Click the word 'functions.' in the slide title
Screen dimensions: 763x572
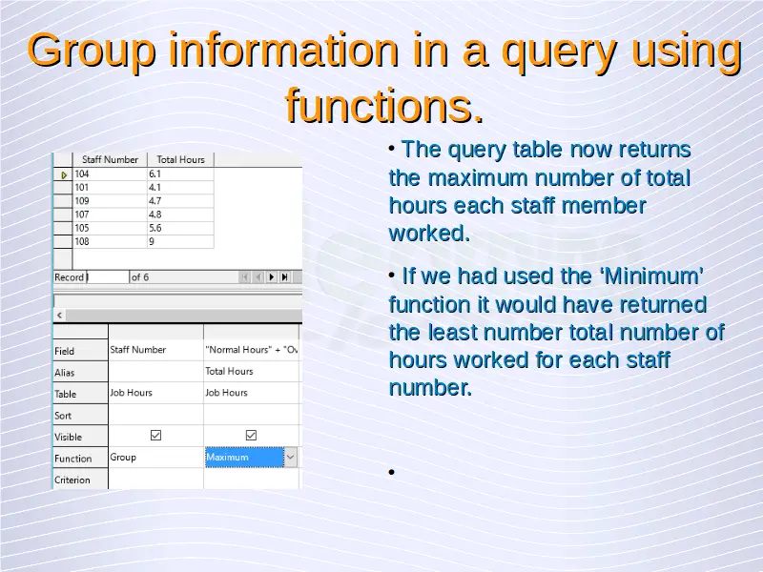point(384,106)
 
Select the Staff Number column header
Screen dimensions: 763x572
point(110,159)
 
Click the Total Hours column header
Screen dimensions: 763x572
point(180,159)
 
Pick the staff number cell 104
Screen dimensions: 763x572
point(110,174)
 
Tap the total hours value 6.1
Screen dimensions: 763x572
point(180,174)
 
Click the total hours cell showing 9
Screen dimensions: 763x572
point(180,241)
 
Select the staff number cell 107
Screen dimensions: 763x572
point(110,214)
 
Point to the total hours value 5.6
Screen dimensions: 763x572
point(180,228)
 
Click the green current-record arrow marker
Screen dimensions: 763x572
point(64,174)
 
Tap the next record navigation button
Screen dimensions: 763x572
point(272,277)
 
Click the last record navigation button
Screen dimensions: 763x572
point(285,277)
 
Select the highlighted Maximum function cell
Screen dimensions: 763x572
point(244,458)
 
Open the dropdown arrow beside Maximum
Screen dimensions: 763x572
point(291,458)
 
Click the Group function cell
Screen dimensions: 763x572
point(155,458)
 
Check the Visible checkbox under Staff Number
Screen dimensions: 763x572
point(155,436)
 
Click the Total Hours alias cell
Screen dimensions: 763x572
point(251,372)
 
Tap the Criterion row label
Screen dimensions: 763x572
point(72,480)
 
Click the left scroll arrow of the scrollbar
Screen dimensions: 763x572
point(59,316)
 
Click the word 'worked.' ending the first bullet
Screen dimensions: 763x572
point(430,234)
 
